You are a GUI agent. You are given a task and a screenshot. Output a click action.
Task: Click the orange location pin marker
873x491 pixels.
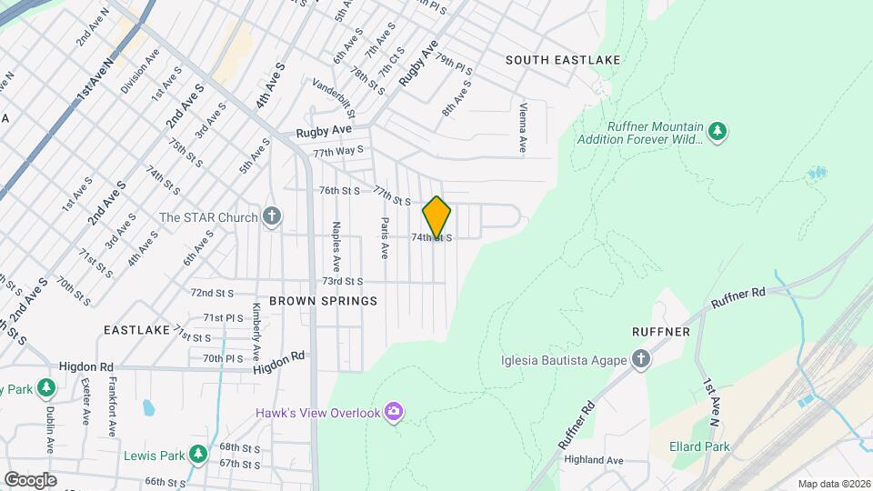436,217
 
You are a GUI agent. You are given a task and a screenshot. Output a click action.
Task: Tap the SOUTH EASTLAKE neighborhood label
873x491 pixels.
563,60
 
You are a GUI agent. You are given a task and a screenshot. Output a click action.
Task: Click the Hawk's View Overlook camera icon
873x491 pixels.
393,413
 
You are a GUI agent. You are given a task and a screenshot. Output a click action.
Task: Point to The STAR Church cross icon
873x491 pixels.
271,217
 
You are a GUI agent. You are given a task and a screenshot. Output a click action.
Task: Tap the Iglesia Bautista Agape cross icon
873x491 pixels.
641,359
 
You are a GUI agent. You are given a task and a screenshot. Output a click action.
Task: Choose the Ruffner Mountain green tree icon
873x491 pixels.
717,132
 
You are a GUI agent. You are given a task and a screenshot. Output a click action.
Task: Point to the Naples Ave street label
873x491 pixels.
336,241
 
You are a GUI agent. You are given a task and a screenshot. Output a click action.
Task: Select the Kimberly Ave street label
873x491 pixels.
256,330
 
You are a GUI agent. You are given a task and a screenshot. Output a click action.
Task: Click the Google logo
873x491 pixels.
30,479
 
